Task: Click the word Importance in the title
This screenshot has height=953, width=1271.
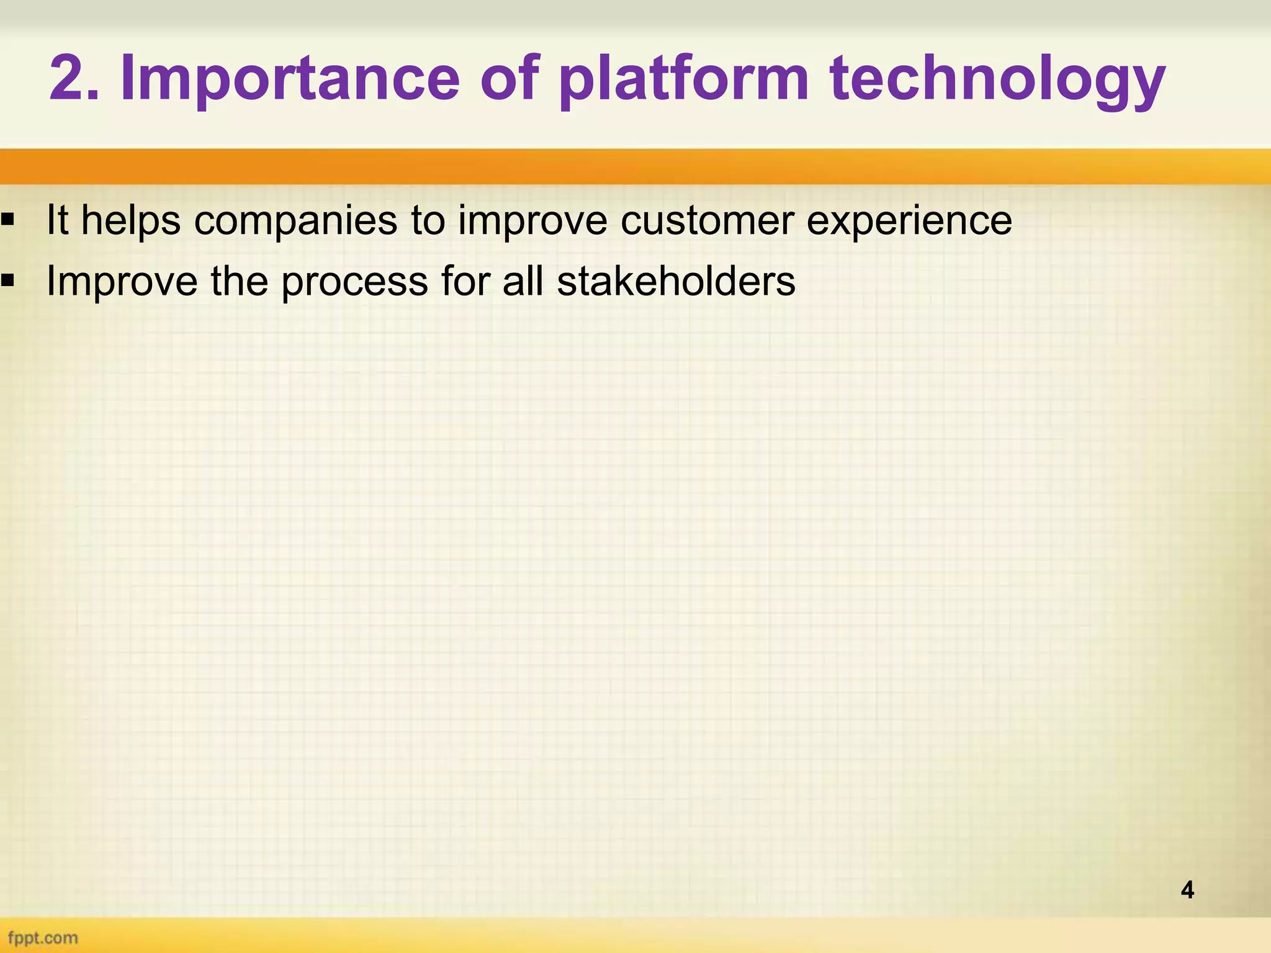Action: click(289, 79)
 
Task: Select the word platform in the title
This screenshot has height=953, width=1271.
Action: click(683, 79)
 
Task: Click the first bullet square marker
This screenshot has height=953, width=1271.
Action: click(8, 219)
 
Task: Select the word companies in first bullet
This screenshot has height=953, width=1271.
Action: click(295, 221)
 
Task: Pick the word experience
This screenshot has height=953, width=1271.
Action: click(909, 221)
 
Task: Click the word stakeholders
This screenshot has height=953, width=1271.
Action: click(676, 281)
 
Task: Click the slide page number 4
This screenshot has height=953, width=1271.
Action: click(1187, 890)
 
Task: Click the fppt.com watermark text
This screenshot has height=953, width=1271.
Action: click(43, 937)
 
